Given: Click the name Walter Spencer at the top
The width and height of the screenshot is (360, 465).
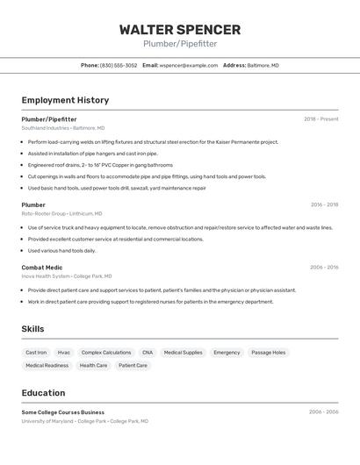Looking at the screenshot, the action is click(179, 29).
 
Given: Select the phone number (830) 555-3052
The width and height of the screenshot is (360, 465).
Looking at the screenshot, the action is click(118, 65).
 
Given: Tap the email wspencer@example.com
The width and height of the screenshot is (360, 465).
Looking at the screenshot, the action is click(188, 65).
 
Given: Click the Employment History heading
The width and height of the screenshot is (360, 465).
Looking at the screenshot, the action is click(65, 100).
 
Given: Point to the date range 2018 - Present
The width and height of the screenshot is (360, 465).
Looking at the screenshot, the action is click(320, 119).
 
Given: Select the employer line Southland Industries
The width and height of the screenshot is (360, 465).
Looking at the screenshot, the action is click(62, 128).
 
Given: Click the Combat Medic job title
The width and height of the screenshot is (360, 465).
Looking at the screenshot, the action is click(42, 268).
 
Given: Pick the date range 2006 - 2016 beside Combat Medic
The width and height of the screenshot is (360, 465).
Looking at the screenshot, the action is click(323, 268).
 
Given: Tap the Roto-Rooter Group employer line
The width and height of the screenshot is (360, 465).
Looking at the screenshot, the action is click(61, 213).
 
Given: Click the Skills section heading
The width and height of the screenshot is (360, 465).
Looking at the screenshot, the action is click(33, 329).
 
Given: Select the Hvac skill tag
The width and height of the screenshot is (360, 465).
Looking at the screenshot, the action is click(64, 353).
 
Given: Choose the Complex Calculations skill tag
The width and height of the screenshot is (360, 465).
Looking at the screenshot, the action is click(105, 353).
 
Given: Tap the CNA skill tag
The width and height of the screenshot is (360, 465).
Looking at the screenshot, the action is click(148, 353).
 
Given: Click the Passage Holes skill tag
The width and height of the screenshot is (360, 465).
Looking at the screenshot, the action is click(268, 353).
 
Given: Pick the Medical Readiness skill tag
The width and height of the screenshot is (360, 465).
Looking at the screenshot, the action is click(47, 366).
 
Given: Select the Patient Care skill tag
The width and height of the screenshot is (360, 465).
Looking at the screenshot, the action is click(133, 366).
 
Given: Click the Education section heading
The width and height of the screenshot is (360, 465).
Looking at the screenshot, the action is click(43, 392).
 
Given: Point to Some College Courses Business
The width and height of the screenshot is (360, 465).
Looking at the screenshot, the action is click(62, 411).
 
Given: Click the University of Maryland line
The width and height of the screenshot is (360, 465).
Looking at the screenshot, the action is click(84, 421).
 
